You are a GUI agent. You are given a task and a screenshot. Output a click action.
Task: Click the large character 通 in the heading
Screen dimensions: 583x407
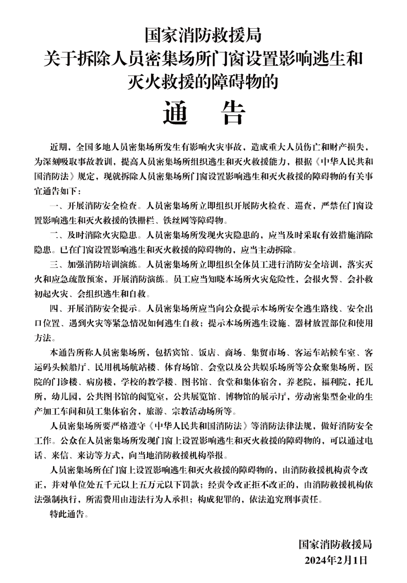click(176, 113)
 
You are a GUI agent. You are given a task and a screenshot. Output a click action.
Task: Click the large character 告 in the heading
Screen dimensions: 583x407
click(234, 113)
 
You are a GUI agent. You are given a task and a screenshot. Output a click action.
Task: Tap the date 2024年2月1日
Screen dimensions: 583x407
click(336, 560)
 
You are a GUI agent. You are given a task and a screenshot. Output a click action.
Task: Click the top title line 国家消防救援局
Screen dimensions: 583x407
click(203, 37)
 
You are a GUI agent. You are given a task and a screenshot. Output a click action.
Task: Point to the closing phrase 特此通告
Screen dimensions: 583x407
click(67, 514)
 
